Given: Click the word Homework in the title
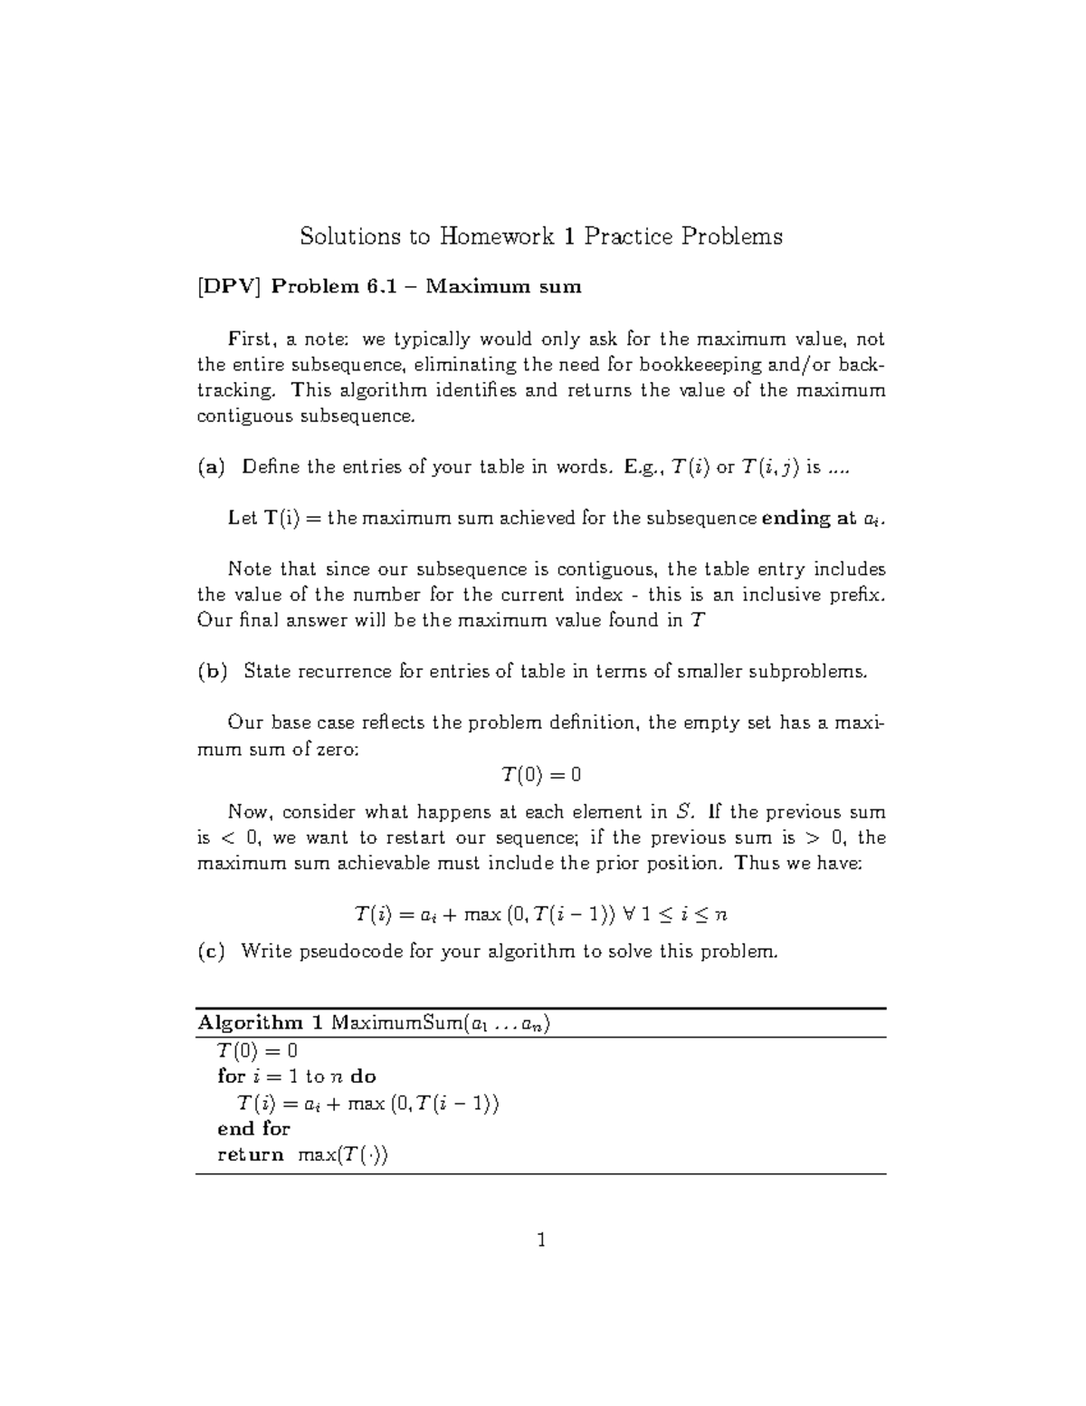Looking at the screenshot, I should [x=496, y=237].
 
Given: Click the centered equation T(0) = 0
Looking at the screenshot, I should [x=541, y=775].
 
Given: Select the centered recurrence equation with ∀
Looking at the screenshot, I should [x=541, y=914].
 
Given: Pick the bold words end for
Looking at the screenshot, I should [x=253, y=1129].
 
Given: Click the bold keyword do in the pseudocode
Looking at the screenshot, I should [x=363, y=1076].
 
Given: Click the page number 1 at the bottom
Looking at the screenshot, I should [x=541, y=1240].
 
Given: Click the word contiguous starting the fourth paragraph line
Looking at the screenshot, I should [x=239, y=416].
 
